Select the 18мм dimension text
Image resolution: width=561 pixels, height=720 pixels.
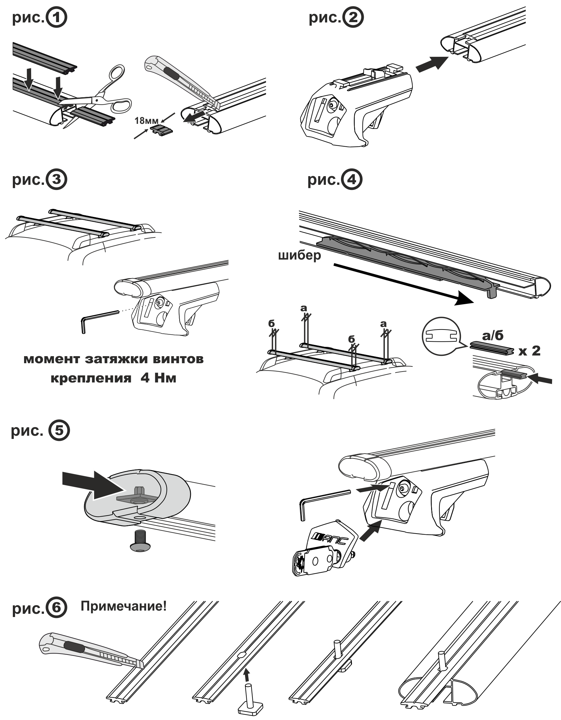(146, 121)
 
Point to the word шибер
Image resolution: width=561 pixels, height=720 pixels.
(299, 255)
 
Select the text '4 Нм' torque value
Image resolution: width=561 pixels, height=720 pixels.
(158, 378)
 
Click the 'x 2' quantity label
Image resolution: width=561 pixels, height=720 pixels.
(529, 351)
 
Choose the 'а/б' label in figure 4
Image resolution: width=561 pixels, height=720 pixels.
(493, 336)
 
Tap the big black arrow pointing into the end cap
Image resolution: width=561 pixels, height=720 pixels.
(94, 484)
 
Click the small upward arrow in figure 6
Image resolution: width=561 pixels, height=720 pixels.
(246, 676)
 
